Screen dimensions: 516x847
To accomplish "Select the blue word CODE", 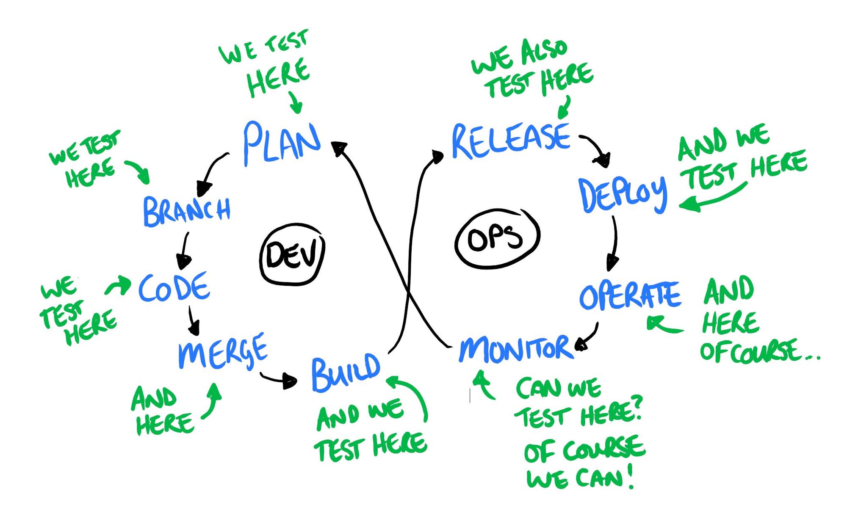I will (174, 287).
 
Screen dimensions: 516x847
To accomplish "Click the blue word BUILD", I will (345, 373).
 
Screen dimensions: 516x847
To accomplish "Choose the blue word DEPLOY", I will (622, 194).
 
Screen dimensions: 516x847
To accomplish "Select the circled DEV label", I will (291, 254).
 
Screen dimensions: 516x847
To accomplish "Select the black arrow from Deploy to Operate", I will (614, 243).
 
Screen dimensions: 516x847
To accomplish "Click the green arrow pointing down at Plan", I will (296, 103).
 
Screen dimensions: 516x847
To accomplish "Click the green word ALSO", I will (544, 51).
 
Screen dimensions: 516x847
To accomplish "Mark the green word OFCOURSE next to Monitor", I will (750, 351).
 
